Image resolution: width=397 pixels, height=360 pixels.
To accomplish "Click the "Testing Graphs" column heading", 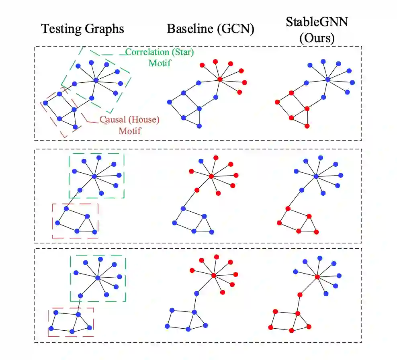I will point(83,29).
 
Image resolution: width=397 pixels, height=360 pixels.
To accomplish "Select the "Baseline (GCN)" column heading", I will point(211,29).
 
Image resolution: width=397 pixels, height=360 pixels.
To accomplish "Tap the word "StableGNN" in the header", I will point(317,22).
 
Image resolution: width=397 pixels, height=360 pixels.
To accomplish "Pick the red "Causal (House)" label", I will point(129,120).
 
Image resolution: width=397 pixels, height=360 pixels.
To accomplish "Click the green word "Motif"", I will point(160,63).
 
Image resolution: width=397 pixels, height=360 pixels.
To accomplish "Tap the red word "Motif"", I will point(129,131).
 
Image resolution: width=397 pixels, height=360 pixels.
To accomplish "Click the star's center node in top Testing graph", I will point(96,80).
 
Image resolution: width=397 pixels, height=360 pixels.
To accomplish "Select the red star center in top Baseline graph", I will point(220,79).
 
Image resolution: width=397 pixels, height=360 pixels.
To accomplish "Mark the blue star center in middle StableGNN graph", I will point(316,176).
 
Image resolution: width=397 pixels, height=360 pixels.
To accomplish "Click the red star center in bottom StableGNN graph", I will point(317,276).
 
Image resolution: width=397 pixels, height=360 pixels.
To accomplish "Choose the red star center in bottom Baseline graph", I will point(214,275).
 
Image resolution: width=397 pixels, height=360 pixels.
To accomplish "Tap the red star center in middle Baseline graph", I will point(211,176).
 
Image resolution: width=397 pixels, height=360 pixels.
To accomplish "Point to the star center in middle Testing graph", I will point(94,176).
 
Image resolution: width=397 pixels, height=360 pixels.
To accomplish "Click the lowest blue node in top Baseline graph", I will point(200,126).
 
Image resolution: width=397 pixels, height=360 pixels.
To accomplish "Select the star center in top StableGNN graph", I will point(328,80).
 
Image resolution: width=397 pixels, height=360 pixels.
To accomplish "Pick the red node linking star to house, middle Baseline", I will point(196,190).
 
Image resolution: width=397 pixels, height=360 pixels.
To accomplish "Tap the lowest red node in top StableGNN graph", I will point(307,126).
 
